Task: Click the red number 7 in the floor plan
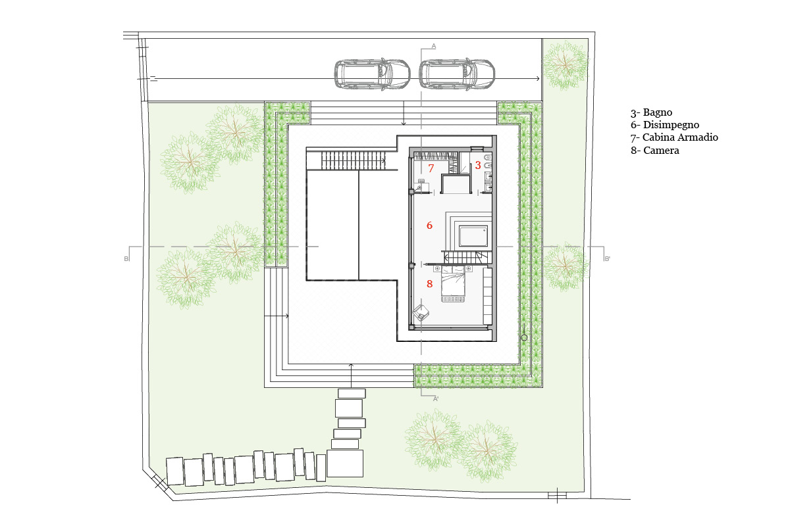[x=431, y=168]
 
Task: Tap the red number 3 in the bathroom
[x=478, y=165]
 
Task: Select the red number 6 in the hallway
[x=429, y=225]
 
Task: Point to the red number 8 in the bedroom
[x=429, y=283]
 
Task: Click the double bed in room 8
[x=453, y=284]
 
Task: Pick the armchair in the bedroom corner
[x=421, y=313]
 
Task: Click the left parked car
[x=372, y=74]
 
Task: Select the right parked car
[x=457, y=74]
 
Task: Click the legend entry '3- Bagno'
[x=651, y=112]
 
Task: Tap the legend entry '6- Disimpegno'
[x=665, y=125]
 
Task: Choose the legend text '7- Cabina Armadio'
[x=674, y=137]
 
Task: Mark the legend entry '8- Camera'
[x=655, y=151]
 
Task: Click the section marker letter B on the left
[x=126, y=259]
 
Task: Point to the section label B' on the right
[x=607, y=259]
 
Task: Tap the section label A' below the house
[x=436, y=399]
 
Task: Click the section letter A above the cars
[x=434, y=46]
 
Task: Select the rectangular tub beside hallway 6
[x=473, y=237]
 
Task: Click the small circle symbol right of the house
[x=524, y=337]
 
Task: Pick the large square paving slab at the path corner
[x=345, y=464]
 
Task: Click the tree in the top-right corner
[x=566, y=65]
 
